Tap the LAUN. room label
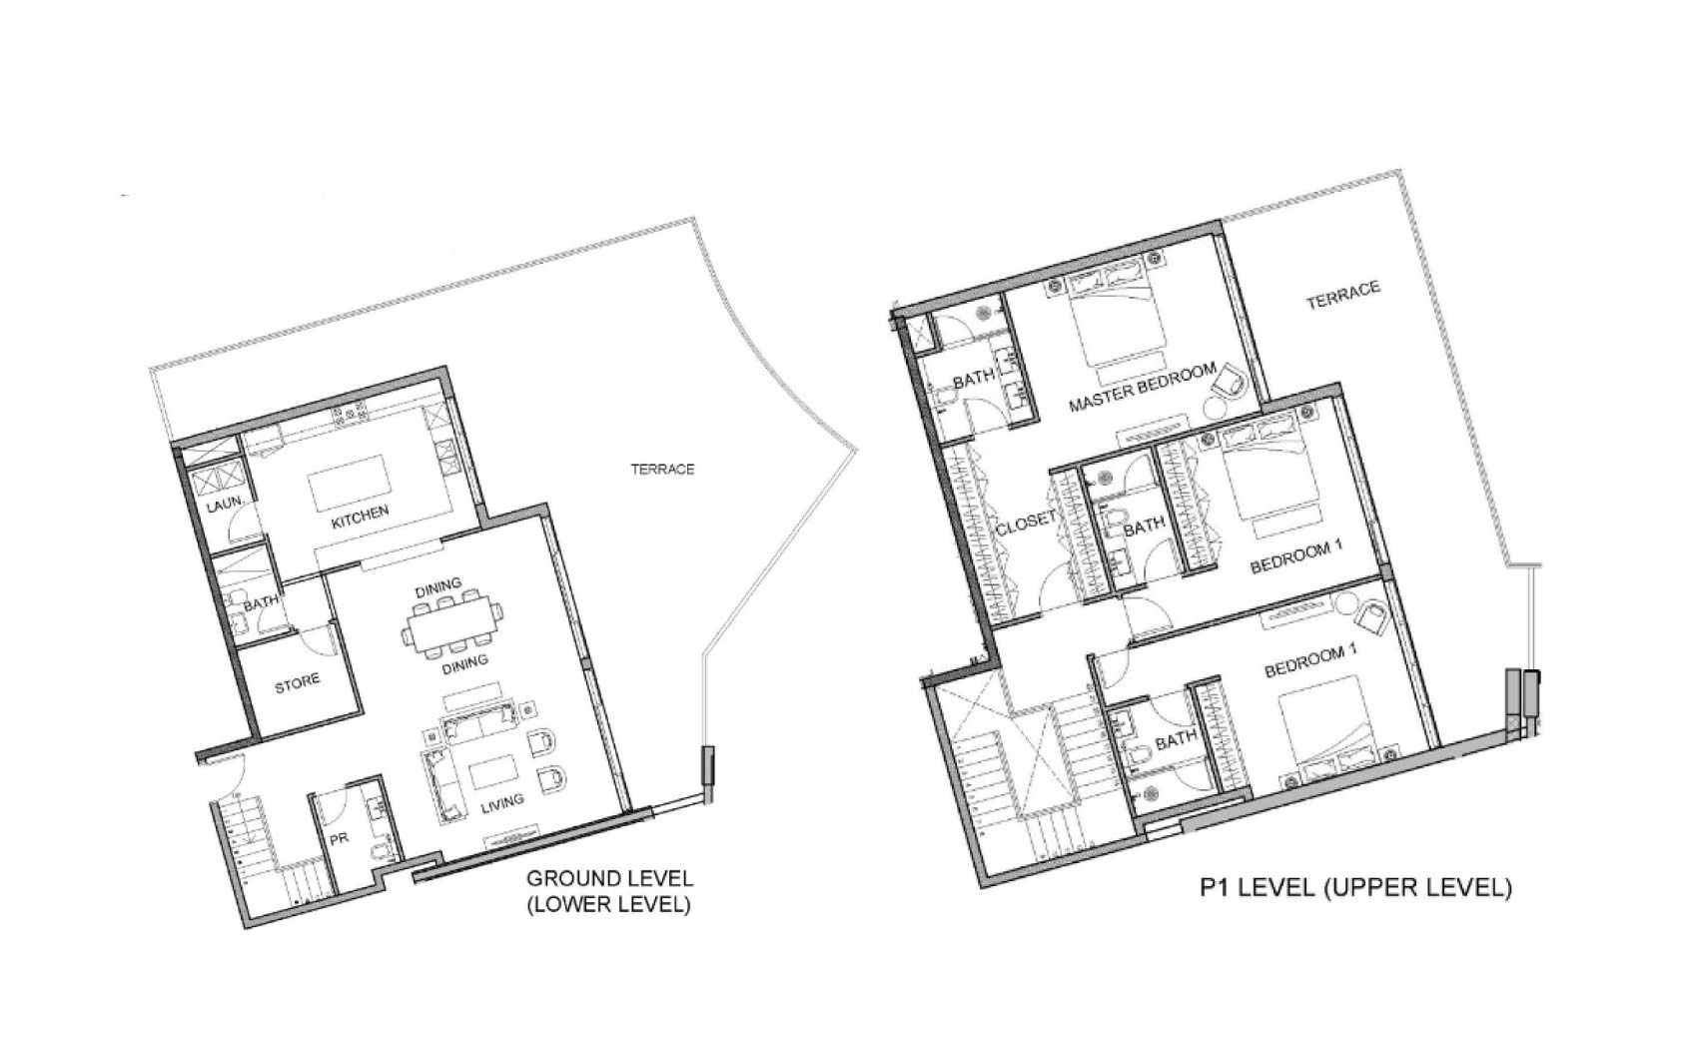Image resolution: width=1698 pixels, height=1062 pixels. pyautogui.click(x=225, y=503)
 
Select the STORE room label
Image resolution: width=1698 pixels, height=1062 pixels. pyautogui.click(x=298, y=683)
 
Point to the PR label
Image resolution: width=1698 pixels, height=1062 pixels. pyautogui.click(x=339, y=840)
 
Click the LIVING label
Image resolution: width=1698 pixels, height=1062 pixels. pyautogui.click(x=501, y=804)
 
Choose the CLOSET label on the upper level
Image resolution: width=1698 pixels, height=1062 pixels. pyautogui.click(x=1026, y=524)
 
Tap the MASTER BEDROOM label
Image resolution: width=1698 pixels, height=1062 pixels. pyautogui.click(x=1143, y=388)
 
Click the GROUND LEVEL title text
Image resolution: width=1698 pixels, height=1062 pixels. pyautogui.click(x=609, y=878)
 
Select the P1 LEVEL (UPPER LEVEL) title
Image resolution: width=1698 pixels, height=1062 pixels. pyautogui.click(x=1355, y=887)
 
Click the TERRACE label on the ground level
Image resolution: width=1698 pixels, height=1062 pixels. pyautogui.click(x=662, y=470)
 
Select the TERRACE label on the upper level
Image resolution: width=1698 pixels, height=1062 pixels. pyautogui.click(x=1343, y=295)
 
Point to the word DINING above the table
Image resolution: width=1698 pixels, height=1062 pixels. pyautogui.click(x=438, y=587)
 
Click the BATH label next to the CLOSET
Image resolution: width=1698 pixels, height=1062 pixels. pyautogui.click(x=1144, y=527)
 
